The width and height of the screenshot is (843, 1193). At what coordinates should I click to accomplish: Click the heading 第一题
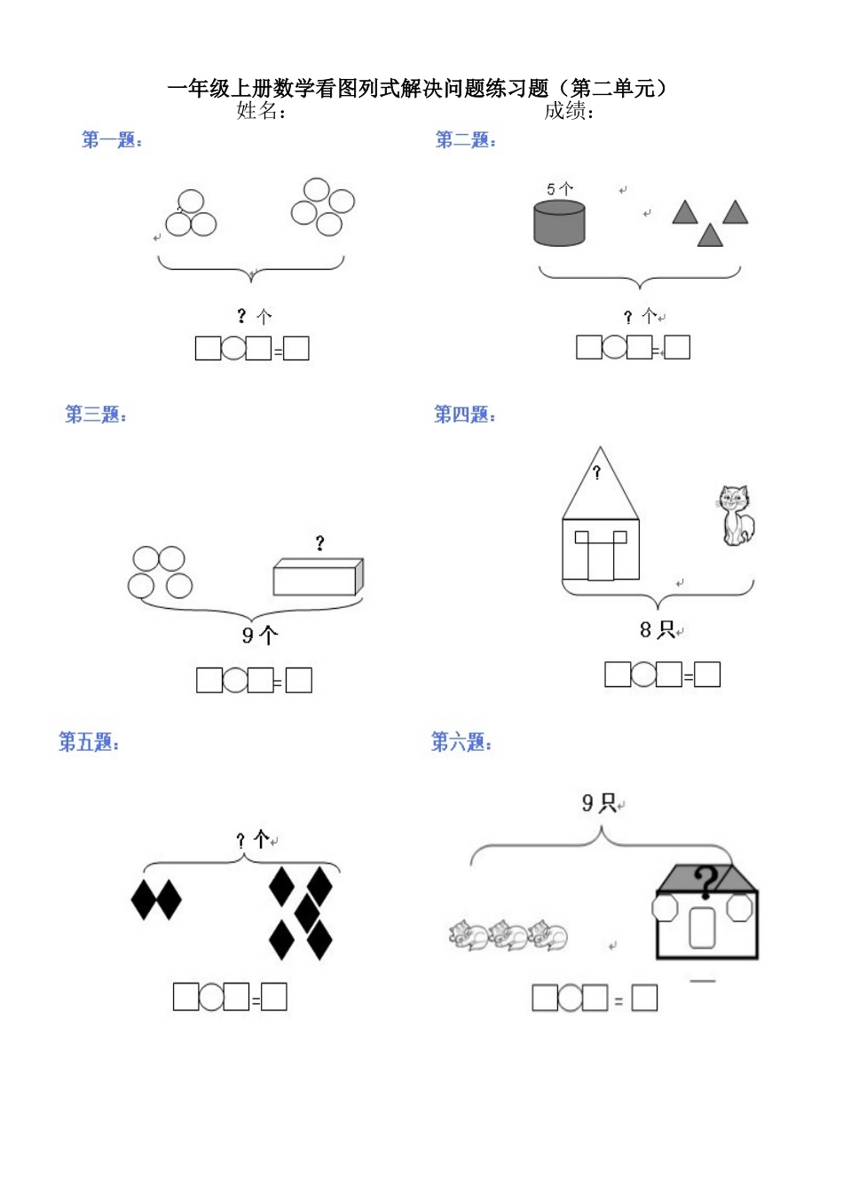point(112,139)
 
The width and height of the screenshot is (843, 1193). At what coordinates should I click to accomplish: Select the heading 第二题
point(466,139)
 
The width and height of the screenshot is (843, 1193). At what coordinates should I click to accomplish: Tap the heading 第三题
point(96,414)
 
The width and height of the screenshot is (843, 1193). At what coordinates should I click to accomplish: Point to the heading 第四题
point(464,414)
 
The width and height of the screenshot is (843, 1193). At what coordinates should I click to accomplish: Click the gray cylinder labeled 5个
point(559,223)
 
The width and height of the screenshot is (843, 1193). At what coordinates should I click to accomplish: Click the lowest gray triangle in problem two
point(710,235)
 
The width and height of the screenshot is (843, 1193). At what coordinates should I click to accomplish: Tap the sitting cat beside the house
point(735,515)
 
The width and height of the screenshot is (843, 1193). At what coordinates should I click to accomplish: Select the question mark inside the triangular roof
point(597,472)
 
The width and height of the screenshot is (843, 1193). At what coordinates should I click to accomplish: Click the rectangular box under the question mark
point(318,577)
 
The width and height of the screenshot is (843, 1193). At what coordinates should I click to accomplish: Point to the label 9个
point(260,635)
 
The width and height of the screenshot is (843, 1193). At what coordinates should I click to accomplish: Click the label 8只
point(658,629)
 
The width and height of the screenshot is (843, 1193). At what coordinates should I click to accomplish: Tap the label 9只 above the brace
point(599,803)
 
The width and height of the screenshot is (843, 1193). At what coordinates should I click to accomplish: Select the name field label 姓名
point(261,110)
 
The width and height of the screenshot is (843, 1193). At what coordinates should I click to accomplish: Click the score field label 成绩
point(569,110)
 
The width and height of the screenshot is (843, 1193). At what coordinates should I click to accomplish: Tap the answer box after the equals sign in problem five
point(273,997)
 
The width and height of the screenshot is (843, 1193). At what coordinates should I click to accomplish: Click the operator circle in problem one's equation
point(233,348)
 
